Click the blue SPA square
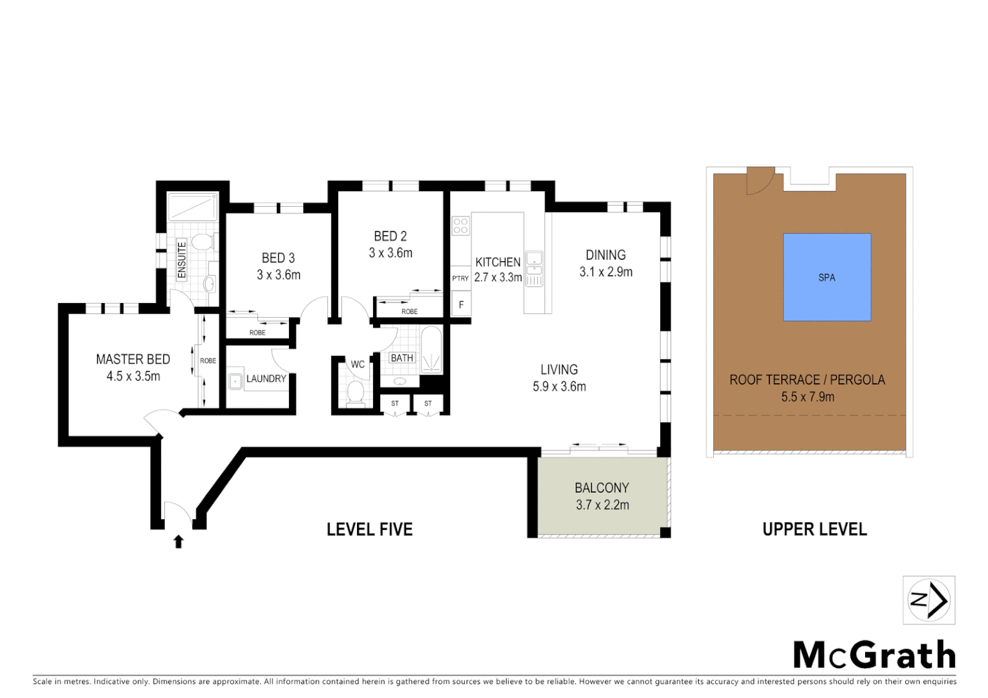click(x=826, y=277)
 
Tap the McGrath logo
click(x=874, y=655)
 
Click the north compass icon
click(x=929, y=600)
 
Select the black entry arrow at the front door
click(x=178, y=542)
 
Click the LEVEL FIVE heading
click(x=369, y=529)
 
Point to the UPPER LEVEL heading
click(x=815, y=529)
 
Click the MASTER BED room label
click(x=133, y=359)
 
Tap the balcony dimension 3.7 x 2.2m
click(x=602, y=505)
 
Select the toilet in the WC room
click(x=356, y=392)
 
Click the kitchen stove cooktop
click(x=460, y=226)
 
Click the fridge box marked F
click(x=461, y=304)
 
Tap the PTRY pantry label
click(x=460, y=279)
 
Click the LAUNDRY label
click(x=266, y=379)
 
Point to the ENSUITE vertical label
click(x=182, y=260)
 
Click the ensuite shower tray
click(x=193, y=207)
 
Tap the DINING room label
click(x=605, y=255)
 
